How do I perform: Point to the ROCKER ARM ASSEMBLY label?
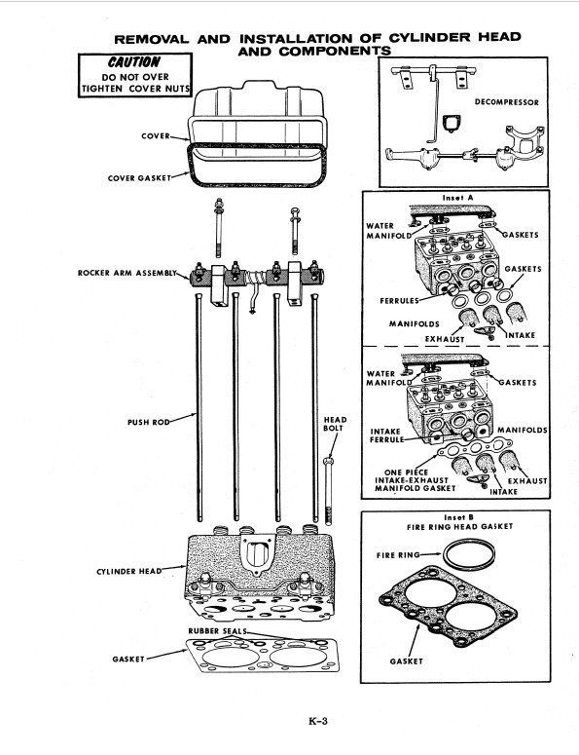[129, 272]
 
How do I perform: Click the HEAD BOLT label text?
[334, 424]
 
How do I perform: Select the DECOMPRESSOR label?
[512, 100]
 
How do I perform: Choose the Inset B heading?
[456, 516]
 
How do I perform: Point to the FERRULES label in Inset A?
[403, 300]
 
